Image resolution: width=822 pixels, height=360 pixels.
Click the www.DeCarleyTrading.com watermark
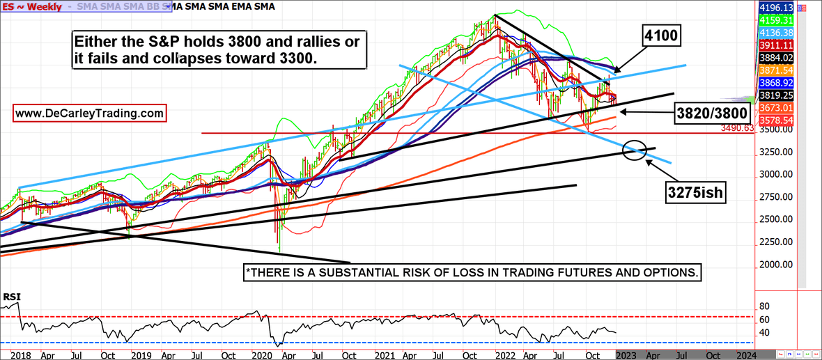pos(89,112)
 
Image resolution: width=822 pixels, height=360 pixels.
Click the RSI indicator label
pos(12,297)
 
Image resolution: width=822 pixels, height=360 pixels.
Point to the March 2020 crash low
pos(279,251)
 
